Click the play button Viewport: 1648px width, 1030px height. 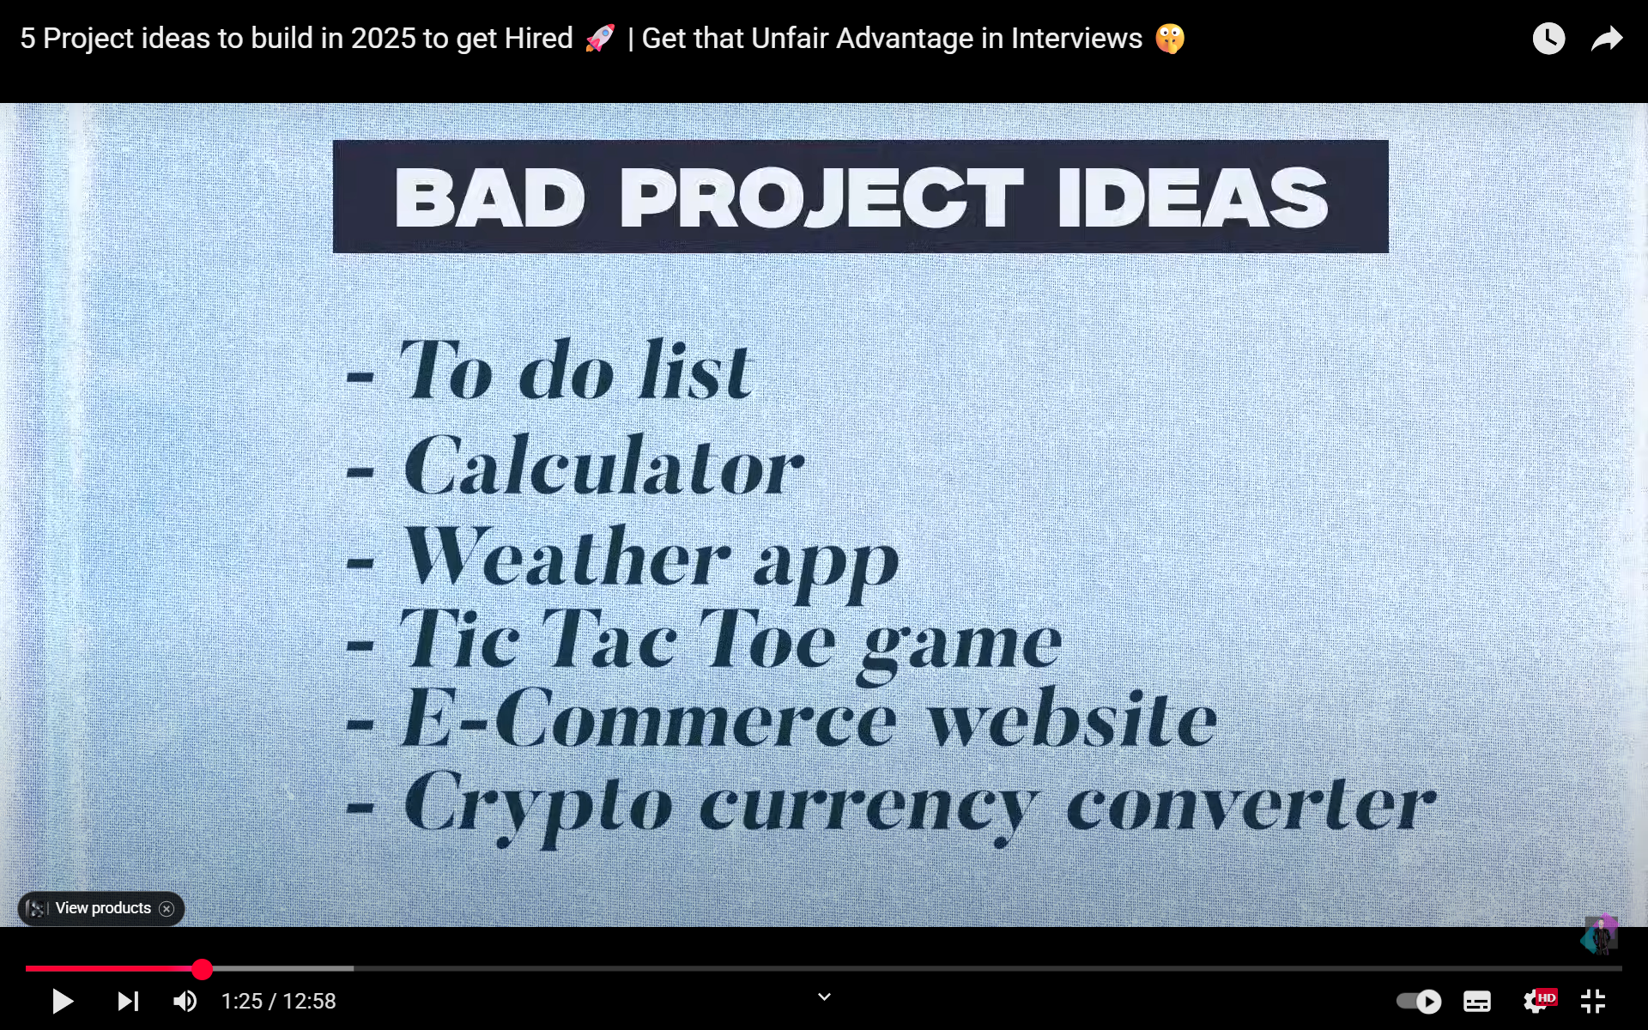63,1001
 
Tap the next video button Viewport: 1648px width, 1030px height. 128,1001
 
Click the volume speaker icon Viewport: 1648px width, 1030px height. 185,1001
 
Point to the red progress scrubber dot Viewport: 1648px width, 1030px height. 202,969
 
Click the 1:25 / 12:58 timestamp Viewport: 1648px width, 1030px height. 278,1001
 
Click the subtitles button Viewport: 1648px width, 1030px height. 1477,1001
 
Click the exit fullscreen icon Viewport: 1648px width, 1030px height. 1593,1001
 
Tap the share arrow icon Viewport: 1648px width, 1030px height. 1607,39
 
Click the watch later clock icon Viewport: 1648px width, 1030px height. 1548,39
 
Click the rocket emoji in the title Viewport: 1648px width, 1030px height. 600,39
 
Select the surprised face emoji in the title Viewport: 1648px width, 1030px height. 1170,39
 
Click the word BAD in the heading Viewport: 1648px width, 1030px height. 490,197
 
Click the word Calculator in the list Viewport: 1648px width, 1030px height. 603,466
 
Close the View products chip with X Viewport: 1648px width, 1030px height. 167,909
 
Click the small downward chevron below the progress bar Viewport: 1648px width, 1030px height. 824,997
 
